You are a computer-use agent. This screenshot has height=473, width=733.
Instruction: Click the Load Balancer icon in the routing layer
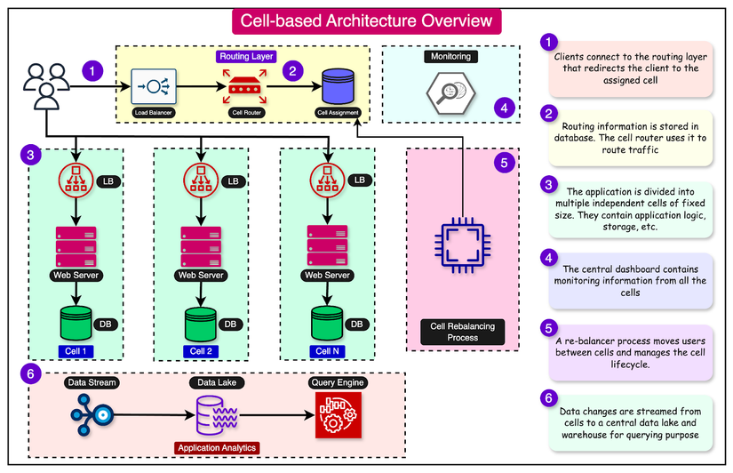(154, 86)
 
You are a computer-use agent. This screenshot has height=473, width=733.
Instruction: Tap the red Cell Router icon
(244, 86)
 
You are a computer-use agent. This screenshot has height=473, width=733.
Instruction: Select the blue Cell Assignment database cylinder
(338, 86)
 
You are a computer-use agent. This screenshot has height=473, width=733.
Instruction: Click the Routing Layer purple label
(246, 56)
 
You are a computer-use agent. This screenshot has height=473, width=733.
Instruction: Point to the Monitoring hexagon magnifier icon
(450, 92)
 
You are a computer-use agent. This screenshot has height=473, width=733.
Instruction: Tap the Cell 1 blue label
(76, 351)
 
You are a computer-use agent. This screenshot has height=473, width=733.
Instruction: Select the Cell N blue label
(327, 351)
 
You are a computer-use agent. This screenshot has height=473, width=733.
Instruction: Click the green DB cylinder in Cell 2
(201, 325)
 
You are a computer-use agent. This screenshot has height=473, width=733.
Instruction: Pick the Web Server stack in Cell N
(327, 245)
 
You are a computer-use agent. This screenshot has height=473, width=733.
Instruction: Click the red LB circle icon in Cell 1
(76, 180)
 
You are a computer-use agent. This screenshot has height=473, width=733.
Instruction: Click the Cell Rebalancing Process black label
(462, 332)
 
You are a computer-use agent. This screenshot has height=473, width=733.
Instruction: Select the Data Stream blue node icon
(92, 415)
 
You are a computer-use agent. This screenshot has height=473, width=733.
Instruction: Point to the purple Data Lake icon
(217, 415)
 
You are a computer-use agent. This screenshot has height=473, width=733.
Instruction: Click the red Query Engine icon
(339, 415)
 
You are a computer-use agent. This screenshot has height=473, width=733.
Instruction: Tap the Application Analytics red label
(217, 448)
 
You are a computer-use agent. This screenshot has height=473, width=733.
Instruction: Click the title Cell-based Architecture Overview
(366, 21)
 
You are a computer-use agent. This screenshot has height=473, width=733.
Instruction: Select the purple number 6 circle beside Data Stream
(31, 373)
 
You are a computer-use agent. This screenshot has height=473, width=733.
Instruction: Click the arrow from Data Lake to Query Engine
(276, 415)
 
